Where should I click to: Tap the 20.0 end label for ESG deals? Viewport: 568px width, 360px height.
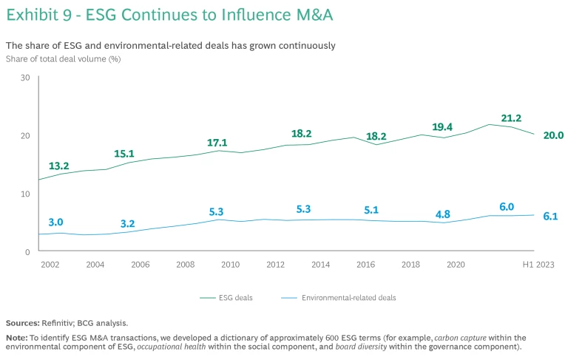point(553,135)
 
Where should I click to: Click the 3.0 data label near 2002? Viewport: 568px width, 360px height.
point(56,222)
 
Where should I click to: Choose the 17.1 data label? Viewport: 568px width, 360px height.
point(217,143)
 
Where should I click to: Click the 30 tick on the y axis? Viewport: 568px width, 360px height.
point(25,77)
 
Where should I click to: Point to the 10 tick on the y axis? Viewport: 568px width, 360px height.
point(25,194)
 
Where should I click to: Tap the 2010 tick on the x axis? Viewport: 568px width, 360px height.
point(230,264)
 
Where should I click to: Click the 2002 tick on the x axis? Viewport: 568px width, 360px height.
point(50,264)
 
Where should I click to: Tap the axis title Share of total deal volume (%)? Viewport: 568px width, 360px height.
point(63,58)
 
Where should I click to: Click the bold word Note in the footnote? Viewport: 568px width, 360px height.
point(16,337)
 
